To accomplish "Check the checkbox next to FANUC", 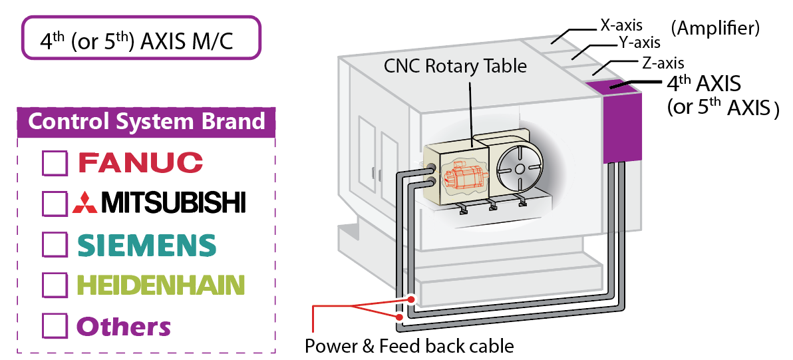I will point(55,162).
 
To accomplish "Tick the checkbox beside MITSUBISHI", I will point(55,204).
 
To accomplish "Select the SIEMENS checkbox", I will point(55,244).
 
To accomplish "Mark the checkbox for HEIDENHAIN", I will point(55,285).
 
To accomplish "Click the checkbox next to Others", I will point(55,326).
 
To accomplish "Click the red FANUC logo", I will point(140,162).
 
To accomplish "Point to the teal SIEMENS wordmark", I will point(146,245).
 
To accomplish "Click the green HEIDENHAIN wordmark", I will point(160,285).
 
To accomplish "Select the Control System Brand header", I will point(146,122).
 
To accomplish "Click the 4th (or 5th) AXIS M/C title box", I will point(141,39).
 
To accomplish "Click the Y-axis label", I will point(639,43).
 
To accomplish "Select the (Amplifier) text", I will point(714,28).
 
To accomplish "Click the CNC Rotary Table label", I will point(455,66).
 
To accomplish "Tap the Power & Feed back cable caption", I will point(409,346).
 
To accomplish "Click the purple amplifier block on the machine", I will point(621,126).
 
